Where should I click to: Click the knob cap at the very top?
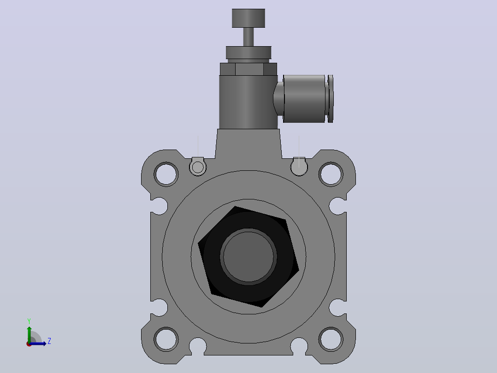[x=248, y=18]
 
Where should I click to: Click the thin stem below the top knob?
[x=248, y=37]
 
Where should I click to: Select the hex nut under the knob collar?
[x=248, y=69]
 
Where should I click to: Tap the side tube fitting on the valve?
[x=304, y=98]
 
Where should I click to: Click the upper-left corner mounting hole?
[x=166, y=174]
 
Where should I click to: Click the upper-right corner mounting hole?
[x=331, y=174]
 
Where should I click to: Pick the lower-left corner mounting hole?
[x=166, y=339]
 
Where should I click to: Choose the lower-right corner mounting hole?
[x=331, y=339]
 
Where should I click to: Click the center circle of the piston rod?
[x=248, y=257]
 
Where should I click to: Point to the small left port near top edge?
[x=198, y=167]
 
